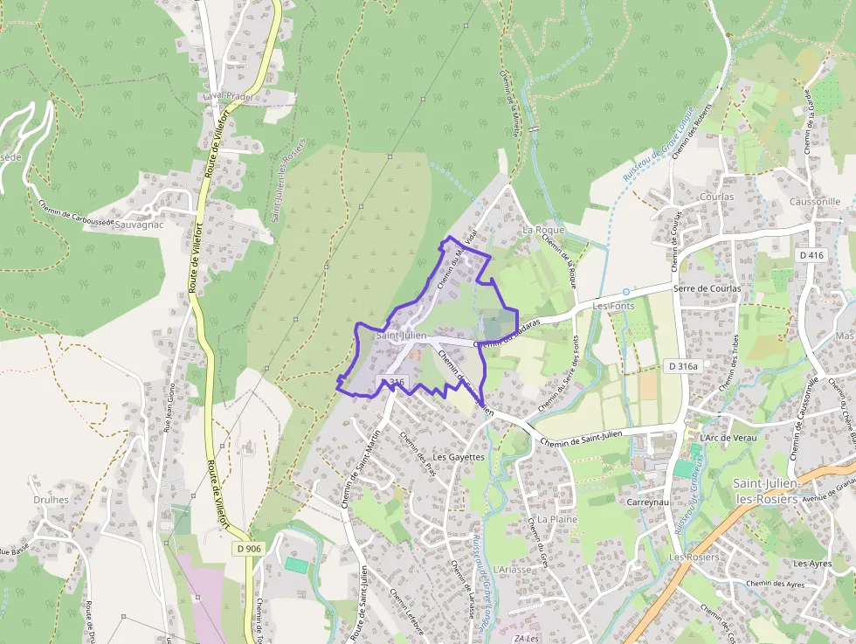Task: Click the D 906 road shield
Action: click(249, 549)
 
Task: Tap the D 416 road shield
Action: click(811, 255)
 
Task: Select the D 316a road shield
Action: click(681, 366)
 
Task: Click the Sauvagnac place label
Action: click(139, 225)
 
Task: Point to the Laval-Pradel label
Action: click(227, 96)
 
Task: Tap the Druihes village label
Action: click(52, 500)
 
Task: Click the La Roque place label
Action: click(543, 230)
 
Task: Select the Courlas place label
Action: click(716, 197)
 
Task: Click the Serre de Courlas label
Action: click(708, 288)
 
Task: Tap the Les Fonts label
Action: click(613, 307)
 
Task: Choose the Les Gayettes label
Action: click(459, 457)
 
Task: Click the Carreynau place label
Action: click(647, 502)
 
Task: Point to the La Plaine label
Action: click(556, 518)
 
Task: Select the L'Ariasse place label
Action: click(512, 569)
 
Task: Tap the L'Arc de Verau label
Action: click(727, 438)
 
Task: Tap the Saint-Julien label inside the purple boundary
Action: click(401, 335)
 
